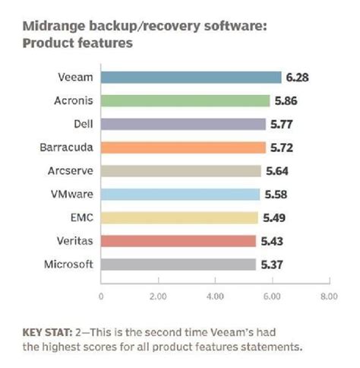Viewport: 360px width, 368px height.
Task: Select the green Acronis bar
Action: click(185, 100)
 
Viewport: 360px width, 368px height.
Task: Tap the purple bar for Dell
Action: click(183, 124)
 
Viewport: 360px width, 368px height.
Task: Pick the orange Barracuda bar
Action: click(182, 148)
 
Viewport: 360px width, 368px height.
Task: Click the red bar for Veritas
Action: click(178, 241)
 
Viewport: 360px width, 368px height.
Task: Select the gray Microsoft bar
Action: click(178, 265)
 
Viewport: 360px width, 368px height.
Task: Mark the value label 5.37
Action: click(271, 265)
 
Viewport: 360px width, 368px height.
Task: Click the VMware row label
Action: click(70, 194)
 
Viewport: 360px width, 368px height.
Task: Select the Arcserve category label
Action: click(68, 171)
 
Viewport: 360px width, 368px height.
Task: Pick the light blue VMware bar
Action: click(181, 194)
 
